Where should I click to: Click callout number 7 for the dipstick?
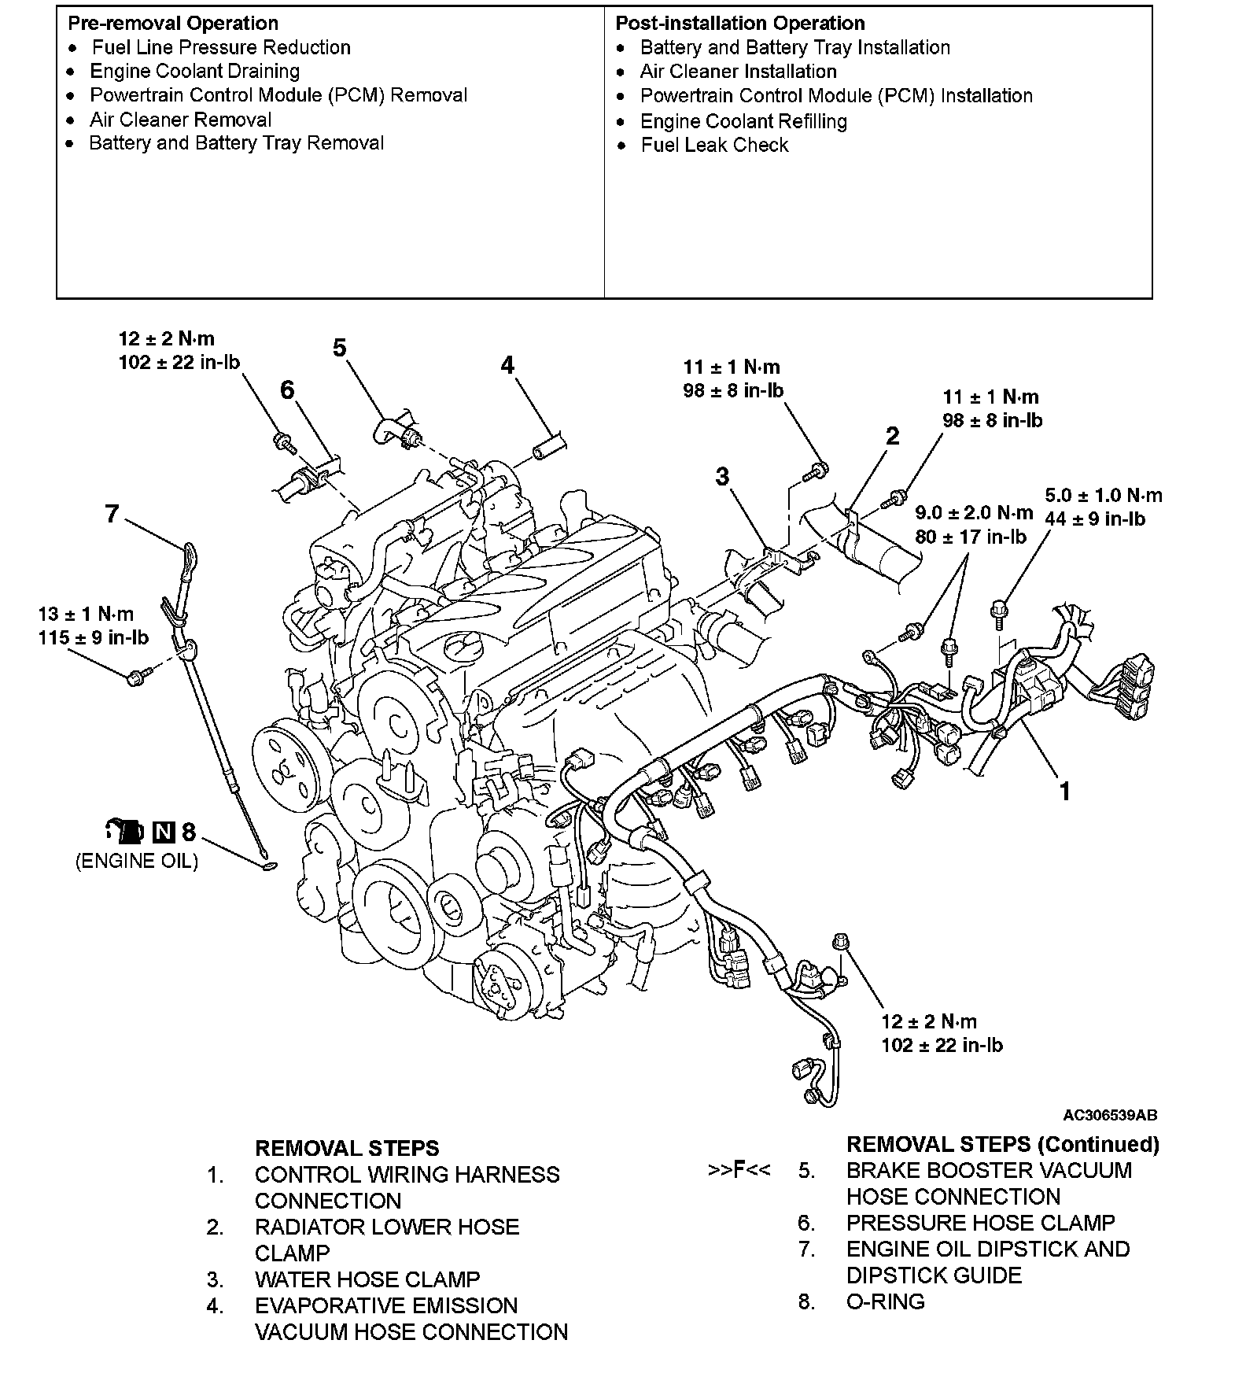pos(112,514)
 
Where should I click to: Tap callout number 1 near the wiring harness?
pos(1064,791)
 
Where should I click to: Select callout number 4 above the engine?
pos(507,365)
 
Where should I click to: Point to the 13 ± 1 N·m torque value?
pos(86,614)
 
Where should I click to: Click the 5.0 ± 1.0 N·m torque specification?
pos(1103,496)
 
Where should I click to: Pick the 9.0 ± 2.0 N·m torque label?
pos(974,513)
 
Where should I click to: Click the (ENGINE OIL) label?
pos(137,861)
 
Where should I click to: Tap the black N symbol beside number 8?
pos(164,832)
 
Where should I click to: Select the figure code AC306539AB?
pos(1110,1115)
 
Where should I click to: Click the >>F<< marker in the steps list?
pos(739,1170)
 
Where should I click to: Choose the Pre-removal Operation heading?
pos(173,24)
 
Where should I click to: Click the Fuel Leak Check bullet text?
pos(714,145)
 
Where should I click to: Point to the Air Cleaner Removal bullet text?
pos(180,120)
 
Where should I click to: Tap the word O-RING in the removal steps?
pos(885,1302)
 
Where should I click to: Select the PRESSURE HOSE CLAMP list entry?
pos(980,1223)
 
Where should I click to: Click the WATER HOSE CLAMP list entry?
pos(367,1279)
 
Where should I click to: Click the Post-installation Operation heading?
pos(739,24)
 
